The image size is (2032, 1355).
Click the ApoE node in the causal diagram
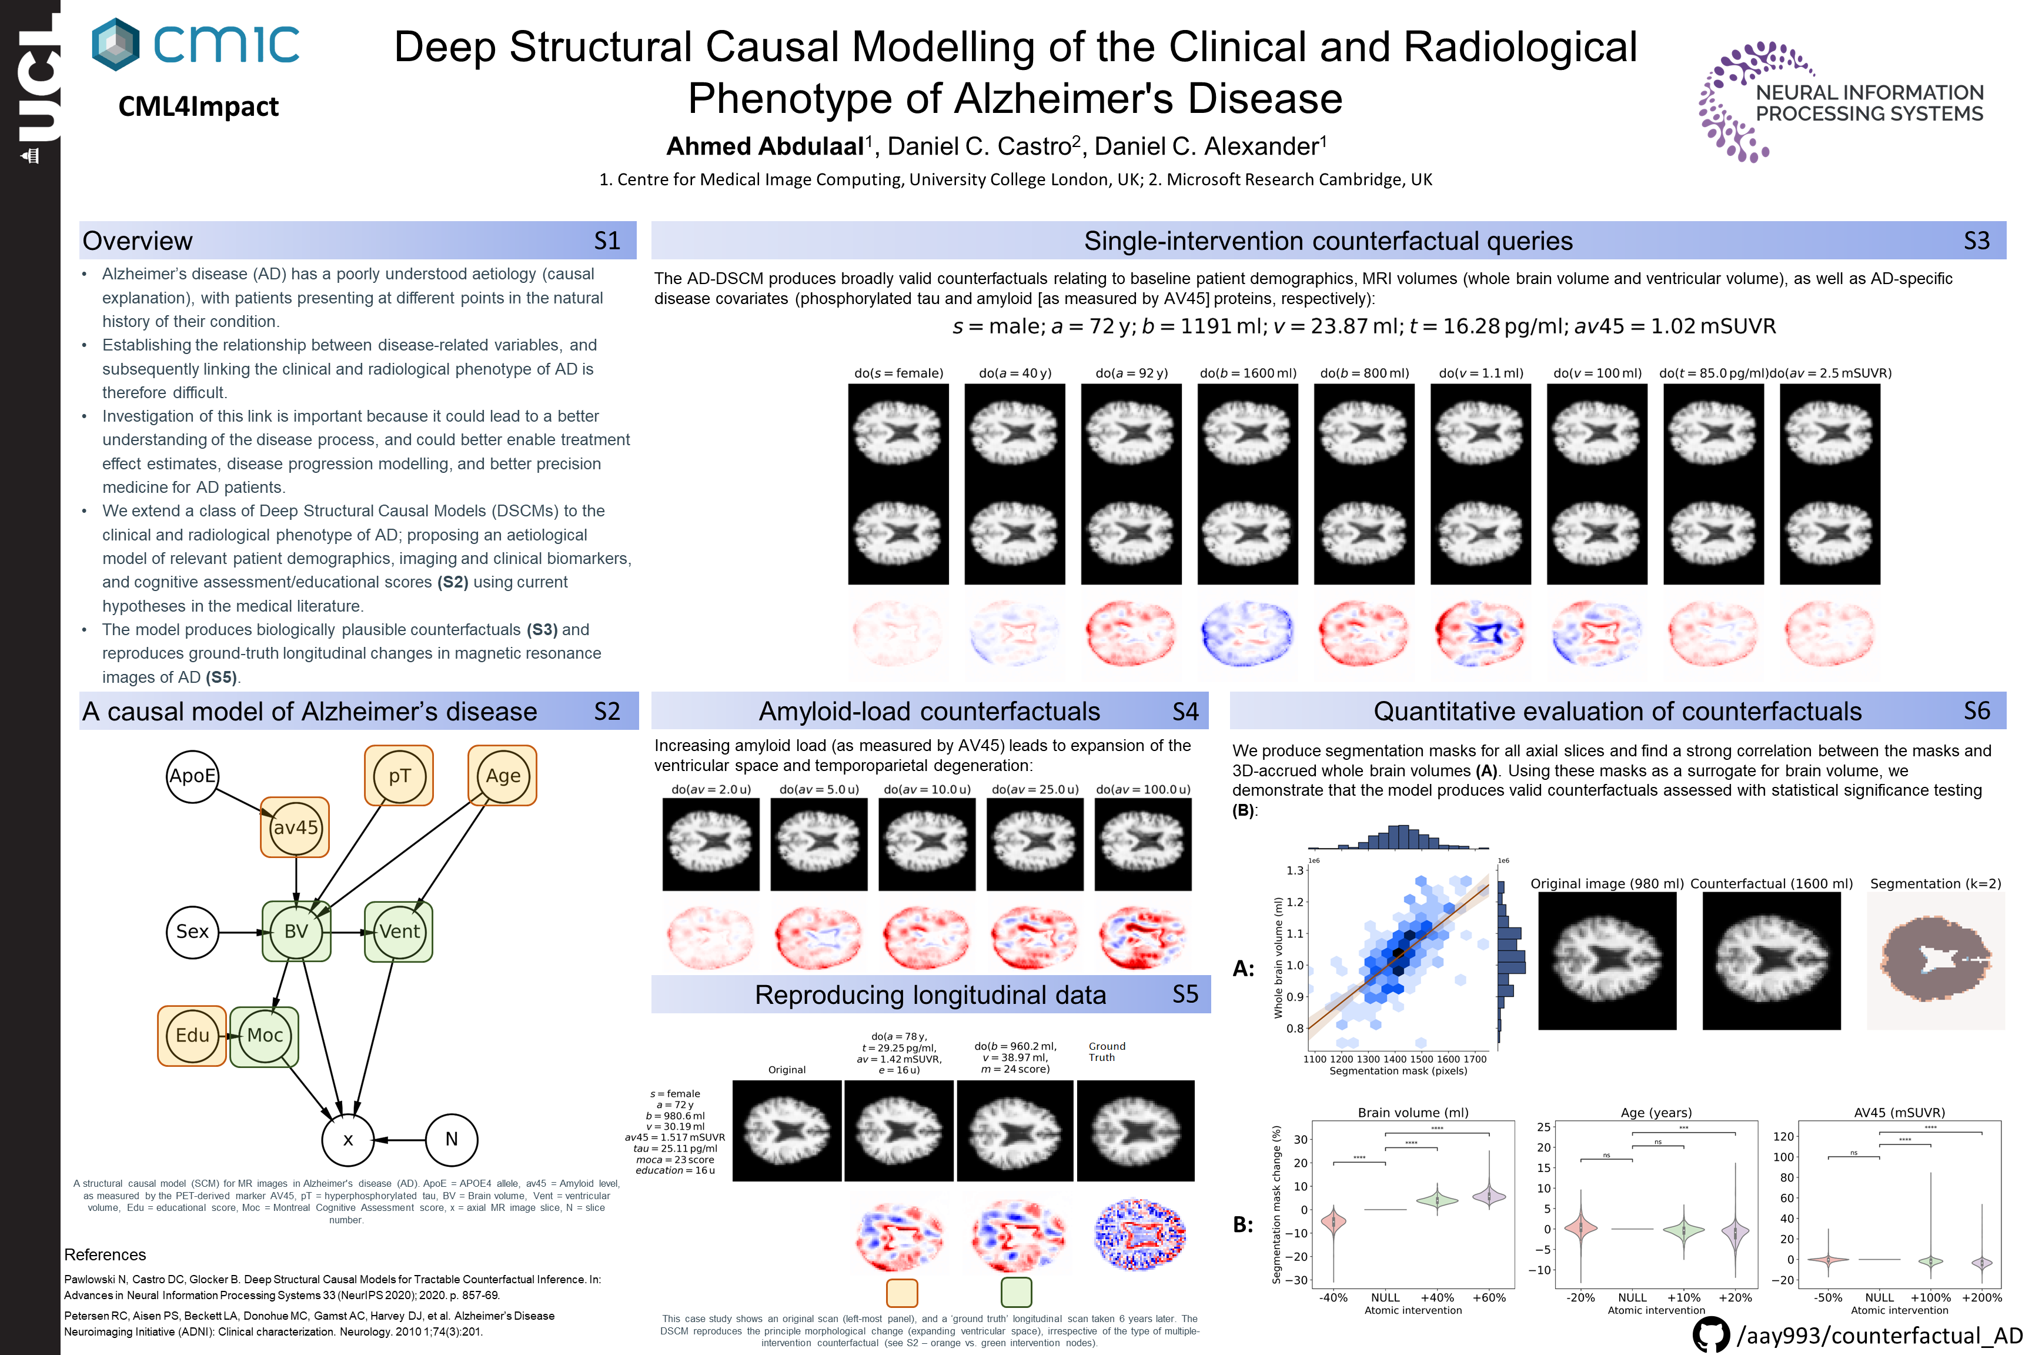coord(192,776)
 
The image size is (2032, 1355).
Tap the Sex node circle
coord(192,932)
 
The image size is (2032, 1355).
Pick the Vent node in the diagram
coord(399,932)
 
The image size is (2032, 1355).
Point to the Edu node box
coord(192,1035)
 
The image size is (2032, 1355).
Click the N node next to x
coord(451,1139)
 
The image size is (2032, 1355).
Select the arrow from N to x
coord(401,1140)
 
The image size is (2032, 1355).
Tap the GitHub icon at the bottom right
coord(1710,1335)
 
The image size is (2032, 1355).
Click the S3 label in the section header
coord(1977,241)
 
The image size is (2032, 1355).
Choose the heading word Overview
coord(138,241)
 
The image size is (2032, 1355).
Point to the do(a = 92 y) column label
coord(1132,373)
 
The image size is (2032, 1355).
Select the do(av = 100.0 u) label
coord(1143,790)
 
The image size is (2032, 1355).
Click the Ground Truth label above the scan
coord(1107,1052)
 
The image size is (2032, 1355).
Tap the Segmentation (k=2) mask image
coord(1935,961)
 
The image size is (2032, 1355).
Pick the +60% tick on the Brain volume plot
coord(1489,1297)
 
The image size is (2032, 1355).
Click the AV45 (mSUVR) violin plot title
coord(1899,1112)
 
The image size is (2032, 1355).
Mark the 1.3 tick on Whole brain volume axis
coord(1294,870)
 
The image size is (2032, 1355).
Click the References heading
coord(105,1255)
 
